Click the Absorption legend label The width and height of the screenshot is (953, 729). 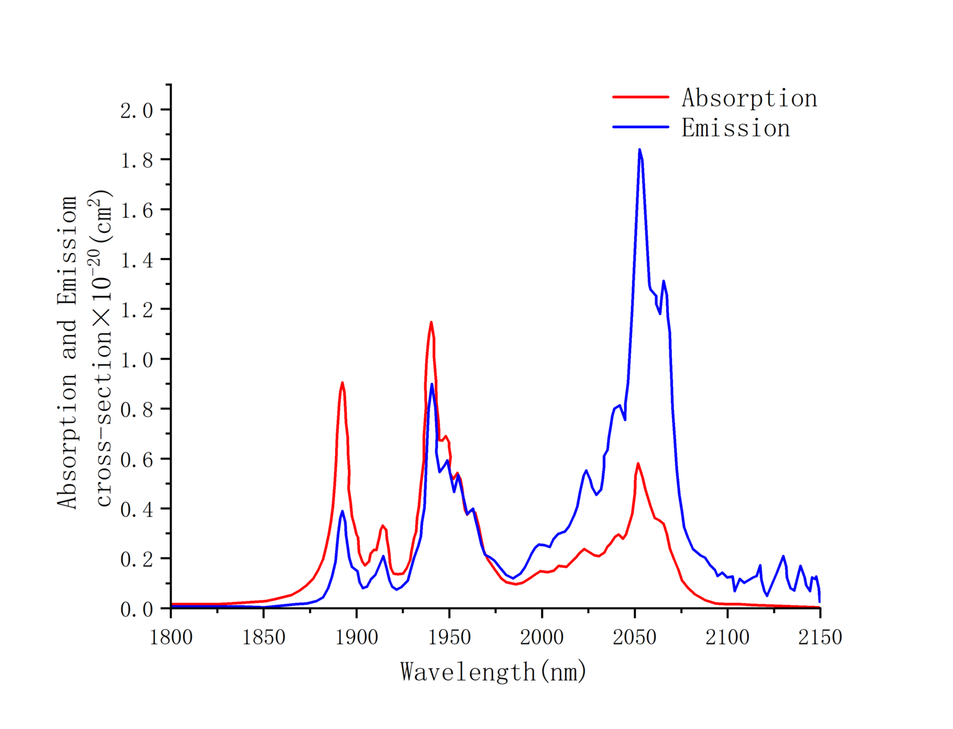749,98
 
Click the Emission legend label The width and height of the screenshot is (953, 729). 735,128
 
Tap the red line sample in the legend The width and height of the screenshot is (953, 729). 640,97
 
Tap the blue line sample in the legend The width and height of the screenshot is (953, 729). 640,127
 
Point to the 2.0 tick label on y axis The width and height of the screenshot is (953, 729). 136,110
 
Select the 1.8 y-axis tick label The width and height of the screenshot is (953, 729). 136,160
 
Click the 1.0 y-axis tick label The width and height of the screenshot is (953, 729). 136,360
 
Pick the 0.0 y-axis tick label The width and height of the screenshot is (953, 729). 136,609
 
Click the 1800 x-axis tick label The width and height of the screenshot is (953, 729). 171,637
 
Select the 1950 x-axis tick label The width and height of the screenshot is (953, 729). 449,637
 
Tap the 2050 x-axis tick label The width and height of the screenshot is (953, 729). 634,637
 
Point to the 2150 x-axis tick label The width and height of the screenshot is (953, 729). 820,637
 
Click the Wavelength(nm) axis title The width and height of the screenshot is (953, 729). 493,672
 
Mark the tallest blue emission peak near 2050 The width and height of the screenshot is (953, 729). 639,150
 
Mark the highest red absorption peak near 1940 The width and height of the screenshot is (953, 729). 431,322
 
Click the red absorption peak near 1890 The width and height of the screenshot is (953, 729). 342,382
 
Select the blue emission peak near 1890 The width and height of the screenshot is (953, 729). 342,511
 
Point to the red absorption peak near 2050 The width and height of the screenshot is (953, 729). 637,463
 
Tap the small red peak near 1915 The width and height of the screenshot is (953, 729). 382,526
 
